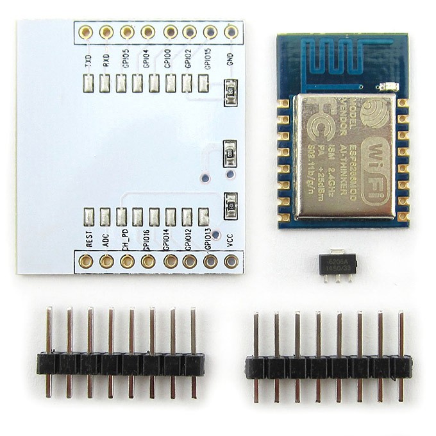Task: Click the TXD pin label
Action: pos(87,62)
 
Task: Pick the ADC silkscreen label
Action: pos(105,240)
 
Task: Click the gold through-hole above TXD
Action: pos(86,32)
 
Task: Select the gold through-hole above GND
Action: pos(231,31)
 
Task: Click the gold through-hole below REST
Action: pos(86,261)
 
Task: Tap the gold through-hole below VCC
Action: pos(231,261)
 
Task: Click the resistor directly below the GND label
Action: pos(230,92)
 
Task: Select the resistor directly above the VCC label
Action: pos(230,205)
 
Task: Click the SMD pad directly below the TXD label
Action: pos(88,83)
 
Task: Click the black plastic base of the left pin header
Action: pos(121,364)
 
